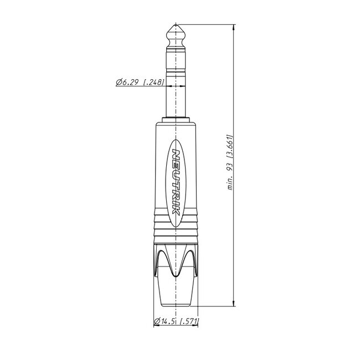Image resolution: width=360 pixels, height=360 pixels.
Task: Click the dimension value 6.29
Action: (x=128, y=83)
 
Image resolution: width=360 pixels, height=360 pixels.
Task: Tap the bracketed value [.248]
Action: (x=153, y=83)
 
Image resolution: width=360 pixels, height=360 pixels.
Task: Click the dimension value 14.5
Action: (x=169, y=321)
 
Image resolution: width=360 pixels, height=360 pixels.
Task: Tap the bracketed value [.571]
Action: (x=189, y=321)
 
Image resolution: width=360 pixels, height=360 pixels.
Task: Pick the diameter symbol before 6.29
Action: (x=119, y=83)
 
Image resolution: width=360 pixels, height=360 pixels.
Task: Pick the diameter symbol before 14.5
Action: (x=157, y=321)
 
